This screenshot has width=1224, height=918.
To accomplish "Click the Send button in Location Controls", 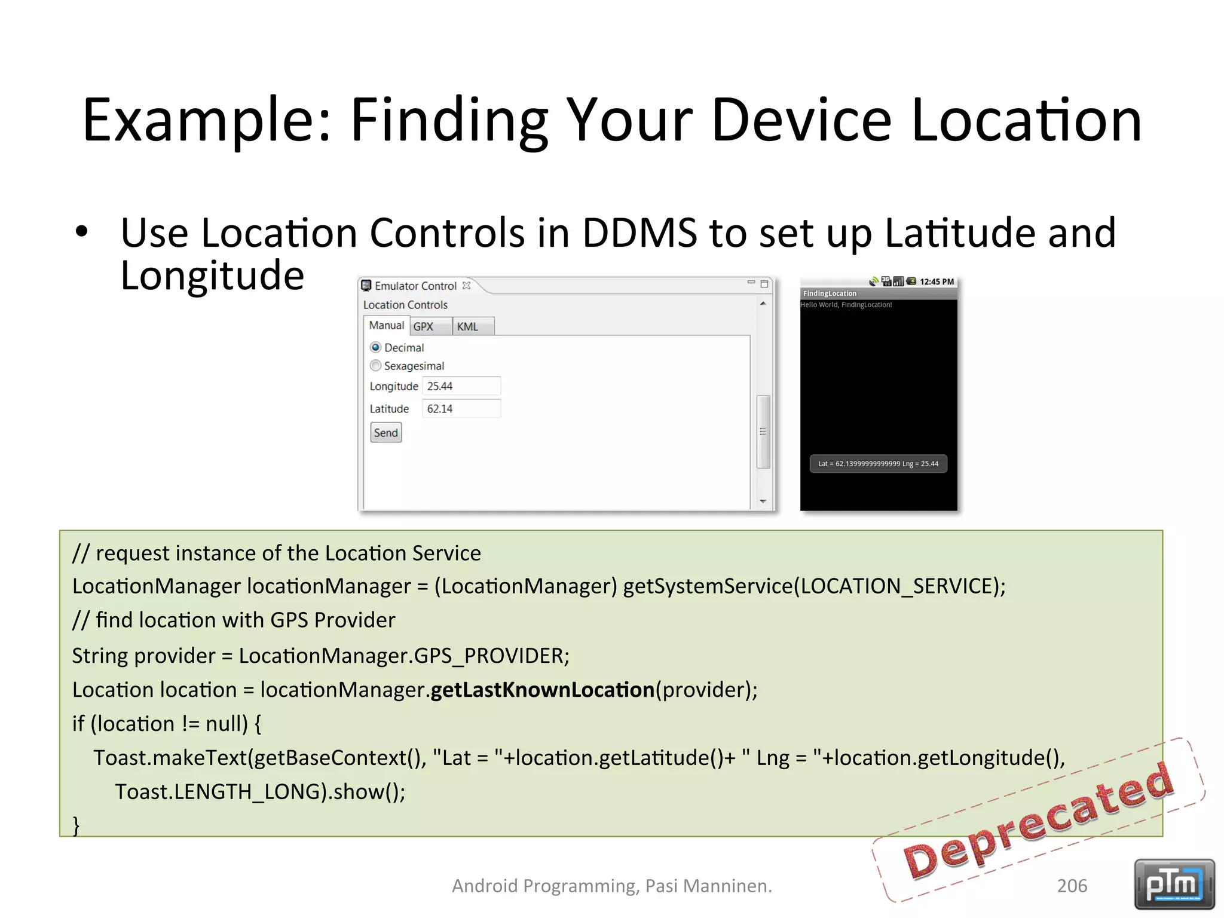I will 385,433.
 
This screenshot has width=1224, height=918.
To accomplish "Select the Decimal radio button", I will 375,347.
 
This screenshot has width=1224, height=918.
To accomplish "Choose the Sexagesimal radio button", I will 375,365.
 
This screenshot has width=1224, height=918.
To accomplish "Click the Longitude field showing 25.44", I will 461,386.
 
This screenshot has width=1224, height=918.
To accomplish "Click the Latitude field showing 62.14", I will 461,409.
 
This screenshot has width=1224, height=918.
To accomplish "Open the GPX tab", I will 424,327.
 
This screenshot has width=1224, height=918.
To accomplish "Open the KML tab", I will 468,327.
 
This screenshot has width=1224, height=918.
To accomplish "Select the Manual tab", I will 387,326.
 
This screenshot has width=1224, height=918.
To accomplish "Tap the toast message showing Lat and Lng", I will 878,464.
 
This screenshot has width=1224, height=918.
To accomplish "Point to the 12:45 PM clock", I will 937,281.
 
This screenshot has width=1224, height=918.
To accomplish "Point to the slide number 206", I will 1072,886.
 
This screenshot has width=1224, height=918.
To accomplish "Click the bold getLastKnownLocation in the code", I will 542,690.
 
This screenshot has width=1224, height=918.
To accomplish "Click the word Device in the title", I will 801,121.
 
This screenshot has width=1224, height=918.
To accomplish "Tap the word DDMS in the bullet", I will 639,232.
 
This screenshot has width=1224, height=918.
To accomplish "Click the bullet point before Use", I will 82,232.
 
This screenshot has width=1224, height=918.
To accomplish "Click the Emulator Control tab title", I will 415,286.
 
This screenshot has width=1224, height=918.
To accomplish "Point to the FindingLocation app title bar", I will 878,293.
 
